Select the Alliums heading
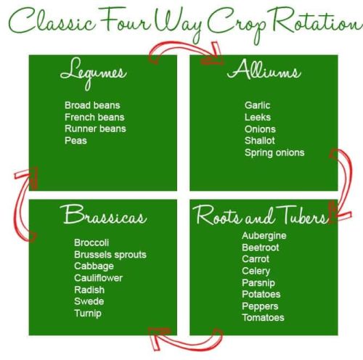264,70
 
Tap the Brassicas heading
103,214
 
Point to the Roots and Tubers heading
261,215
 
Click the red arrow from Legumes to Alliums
184,46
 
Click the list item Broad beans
92,105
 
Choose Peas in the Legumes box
76,141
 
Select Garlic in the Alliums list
257,105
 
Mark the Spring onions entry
274,153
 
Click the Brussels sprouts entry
110,255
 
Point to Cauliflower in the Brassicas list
98,278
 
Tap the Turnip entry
88,314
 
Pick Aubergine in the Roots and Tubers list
264,236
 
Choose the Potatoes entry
261,294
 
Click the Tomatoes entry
263,318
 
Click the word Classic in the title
52,21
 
